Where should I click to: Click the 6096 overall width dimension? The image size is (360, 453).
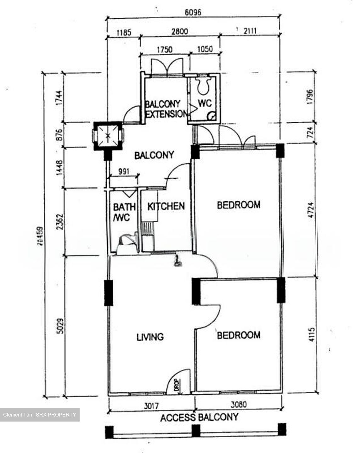pyautogui.click(x=193, y=12)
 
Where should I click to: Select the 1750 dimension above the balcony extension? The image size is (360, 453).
pyautogui.click(x=165, y=49)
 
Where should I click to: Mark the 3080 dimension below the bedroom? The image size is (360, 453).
pyautogui.click(x=238, y=404)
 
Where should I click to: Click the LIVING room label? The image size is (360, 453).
pyautogui.click(x=150, y=337)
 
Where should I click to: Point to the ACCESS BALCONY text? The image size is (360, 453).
pyautogui.click(x=199, y=417)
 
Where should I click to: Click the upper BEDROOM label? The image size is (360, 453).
pyautogui.click(x=239, y=205)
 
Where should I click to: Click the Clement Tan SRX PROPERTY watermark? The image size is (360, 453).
pyautogui.click(x=40, y=415)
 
